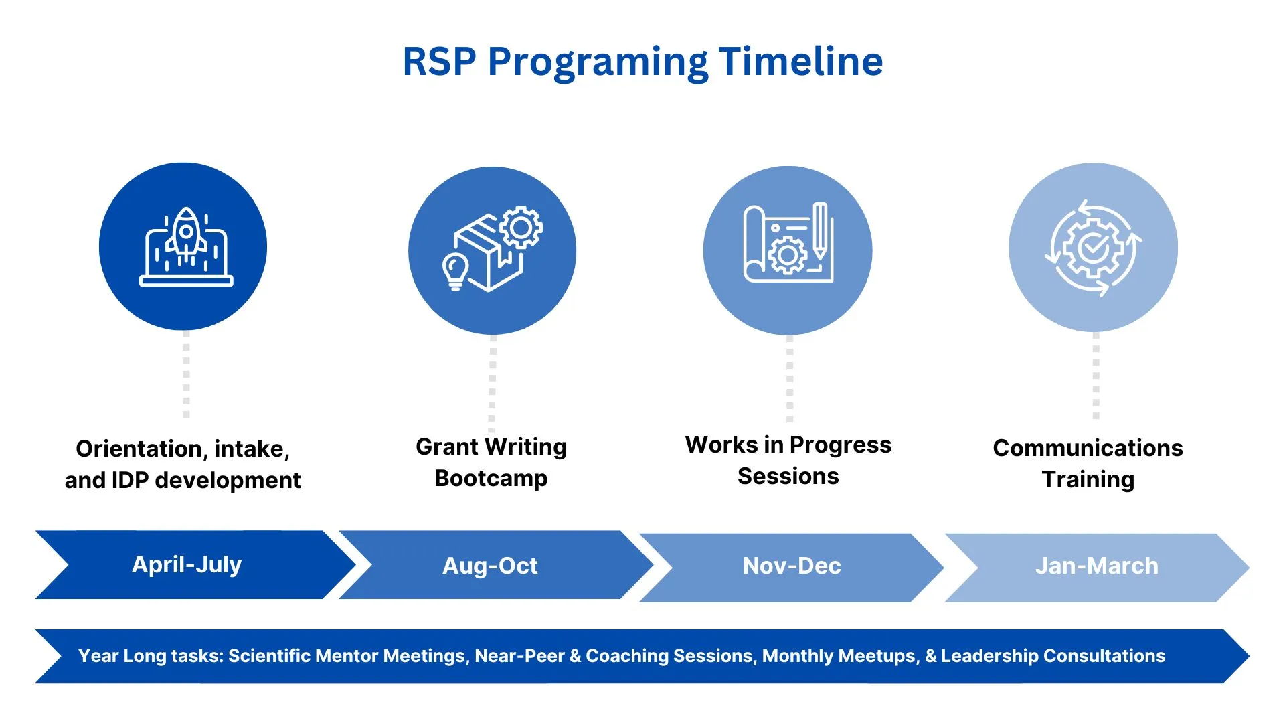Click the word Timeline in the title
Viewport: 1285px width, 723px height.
[x=800, y=62]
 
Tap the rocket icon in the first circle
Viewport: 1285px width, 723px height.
[x=187, y=234]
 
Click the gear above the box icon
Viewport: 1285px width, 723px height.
[x=521, y=228]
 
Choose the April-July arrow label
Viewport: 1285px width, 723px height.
[x=187, y=564]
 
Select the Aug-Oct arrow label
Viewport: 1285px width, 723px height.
[x=490, y=566]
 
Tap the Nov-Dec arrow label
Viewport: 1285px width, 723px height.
[x=792, y=566]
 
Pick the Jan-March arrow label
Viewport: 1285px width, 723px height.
[x=1096, y=566]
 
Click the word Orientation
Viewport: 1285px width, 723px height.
[x=140, y=449]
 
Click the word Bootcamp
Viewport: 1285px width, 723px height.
[x=491, y=478]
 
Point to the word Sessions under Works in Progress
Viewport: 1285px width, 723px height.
[x=788, y=476]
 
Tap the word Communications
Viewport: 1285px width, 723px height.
[x=1088, y=447]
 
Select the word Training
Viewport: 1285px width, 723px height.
[x=1088, y=479]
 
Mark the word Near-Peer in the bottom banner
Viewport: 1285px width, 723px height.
[x=519, y=656]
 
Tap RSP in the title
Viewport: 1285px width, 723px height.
[x=439, y=62]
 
